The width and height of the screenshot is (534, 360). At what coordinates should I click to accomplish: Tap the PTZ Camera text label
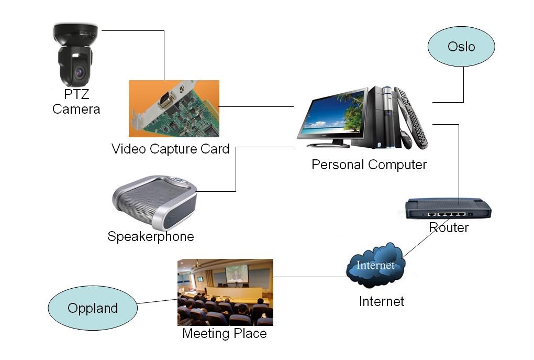(76, 102)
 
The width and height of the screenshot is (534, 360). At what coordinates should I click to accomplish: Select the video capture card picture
(174, 108)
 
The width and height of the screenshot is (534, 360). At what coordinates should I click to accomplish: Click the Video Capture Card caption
(170, 149)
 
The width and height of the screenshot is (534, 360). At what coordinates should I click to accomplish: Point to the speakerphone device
(155, 202)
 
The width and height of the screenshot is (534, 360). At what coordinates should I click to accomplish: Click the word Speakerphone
(150, 236)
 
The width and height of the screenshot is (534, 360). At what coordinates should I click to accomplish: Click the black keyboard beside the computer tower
(411, 118)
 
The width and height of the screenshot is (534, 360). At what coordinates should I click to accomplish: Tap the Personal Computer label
(369, 165)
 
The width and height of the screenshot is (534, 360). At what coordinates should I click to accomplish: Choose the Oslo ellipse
(461, 47)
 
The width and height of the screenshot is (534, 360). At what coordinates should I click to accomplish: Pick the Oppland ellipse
(93, 308)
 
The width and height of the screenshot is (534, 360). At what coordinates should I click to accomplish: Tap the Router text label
(449, 227)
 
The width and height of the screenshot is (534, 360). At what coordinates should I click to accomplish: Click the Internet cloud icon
(375, 265)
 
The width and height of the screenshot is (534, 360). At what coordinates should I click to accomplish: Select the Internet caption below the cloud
(382, 301)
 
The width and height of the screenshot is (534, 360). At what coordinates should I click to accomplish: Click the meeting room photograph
(225, 292)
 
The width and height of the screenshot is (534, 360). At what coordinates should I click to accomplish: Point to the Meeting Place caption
(224, 334)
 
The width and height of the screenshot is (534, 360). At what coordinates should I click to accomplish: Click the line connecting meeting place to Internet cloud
(309, 277)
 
